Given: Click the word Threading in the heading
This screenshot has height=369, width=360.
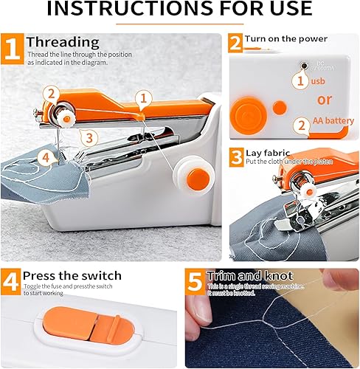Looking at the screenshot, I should [63, 41].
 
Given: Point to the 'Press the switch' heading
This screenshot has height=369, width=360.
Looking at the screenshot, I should [69, 275].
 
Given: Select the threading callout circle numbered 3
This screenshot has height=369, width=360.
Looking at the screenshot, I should [87, 137].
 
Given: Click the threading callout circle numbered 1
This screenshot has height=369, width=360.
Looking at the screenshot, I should [145, 96].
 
